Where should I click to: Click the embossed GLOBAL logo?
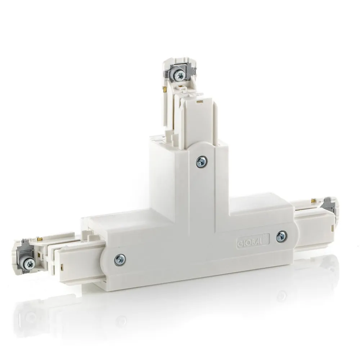[253, 240]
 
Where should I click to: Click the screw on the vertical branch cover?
[202, 162]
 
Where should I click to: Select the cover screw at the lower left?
[120, 260]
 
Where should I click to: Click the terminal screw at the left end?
[29, 264]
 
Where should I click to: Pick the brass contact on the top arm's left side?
[165, 89]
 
